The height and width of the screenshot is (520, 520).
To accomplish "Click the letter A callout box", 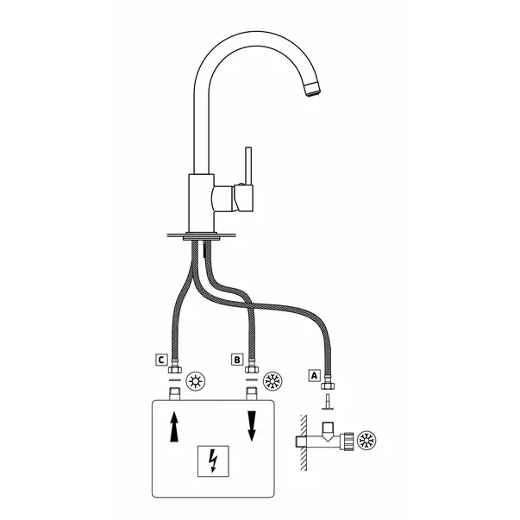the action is tap(315, 375).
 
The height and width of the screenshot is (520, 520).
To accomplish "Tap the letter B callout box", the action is tap(237, 360).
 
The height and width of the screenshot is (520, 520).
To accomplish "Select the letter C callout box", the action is tap(161, 360).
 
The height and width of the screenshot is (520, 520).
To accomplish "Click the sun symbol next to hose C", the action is tap(196, 381).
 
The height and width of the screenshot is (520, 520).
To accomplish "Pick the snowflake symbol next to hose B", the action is tap(273, 381).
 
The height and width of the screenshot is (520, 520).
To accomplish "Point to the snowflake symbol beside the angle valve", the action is tap(367, 441).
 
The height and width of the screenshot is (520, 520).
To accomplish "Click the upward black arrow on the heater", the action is tap(174, 427).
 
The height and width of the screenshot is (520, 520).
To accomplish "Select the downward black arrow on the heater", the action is tap(252, 426).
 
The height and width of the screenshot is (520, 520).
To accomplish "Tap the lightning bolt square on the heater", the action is tap(213, 461).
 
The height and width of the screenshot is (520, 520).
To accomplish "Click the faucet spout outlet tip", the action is tap(312, 90).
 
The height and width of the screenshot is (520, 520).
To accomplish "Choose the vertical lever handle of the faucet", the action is tap(248, 166).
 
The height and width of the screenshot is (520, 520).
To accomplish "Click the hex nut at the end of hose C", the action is tap(175, 369).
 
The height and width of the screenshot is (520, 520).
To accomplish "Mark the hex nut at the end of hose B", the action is tap(252, 369).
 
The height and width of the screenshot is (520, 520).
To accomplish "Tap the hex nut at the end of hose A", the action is tap(328, 385).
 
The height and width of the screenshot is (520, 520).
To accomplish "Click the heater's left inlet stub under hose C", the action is tap(175, 393).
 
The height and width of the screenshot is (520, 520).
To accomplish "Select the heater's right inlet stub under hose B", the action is tap(252, 393).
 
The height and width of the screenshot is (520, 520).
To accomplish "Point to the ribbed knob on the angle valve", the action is tap(348, 441).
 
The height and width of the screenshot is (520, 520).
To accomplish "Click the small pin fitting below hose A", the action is tap(328, 402).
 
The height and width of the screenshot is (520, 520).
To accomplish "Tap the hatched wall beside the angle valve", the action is tap(304, 442).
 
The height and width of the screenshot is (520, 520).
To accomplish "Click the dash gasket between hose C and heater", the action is tap(175, 379).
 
